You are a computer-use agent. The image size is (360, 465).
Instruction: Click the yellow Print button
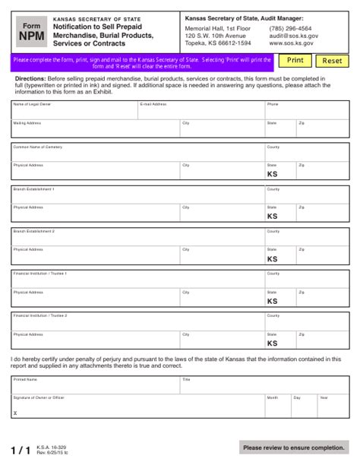295,60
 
